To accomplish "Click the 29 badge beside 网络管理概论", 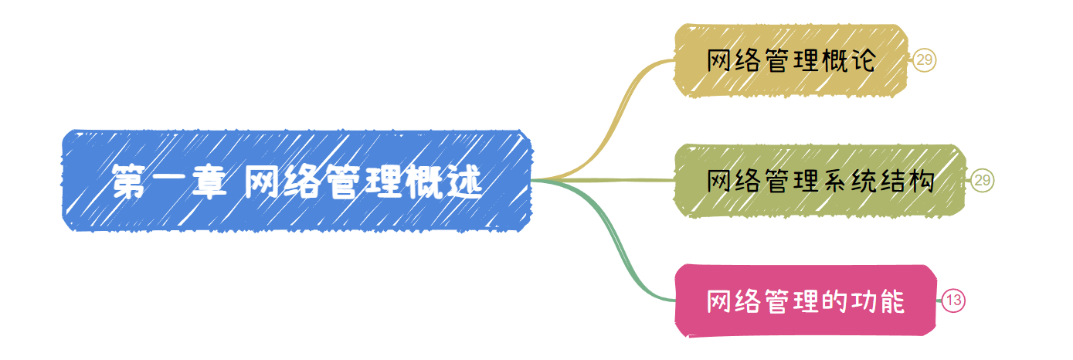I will tap(925, 60).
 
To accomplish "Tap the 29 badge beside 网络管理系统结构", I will tap(983, 181).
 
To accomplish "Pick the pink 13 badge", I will tap(953, 301).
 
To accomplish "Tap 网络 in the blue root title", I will tap(271, 182).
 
